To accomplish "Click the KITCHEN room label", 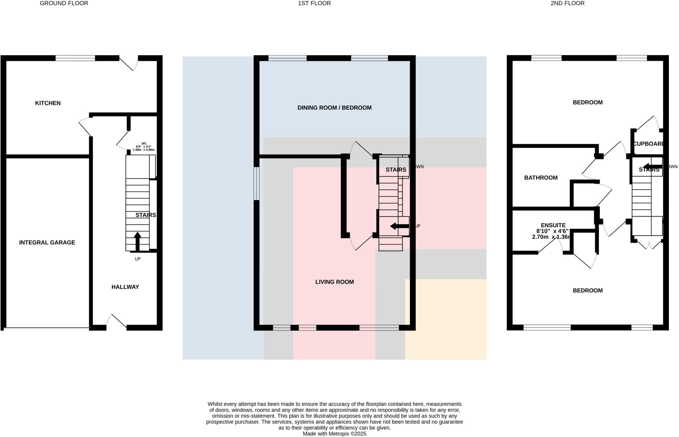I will [48, 103].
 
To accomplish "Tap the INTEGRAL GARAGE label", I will [47, 243].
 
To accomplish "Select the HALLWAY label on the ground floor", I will [125, 287].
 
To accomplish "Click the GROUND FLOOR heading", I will [64, 3].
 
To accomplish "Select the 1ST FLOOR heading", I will [314, 3].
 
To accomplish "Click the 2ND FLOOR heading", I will [568, 3].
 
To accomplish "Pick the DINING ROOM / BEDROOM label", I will [334, 108].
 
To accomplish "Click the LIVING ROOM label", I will [334, 282].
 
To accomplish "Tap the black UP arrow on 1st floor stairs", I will [400, 226].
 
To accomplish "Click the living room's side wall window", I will [256, 183].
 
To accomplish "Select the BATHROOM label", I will [541, 178].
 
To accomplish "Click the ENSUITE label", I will [553, 225].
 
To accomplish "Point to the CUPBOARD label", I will [648, 144].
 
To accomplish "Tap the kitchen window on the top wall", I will [75, 58].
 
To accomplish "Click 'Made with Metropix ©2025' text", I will [334, 434].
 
